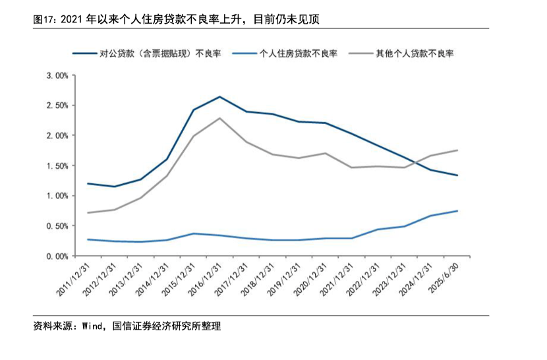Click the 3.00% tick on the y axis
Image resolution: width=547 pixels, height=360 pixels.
pyautogui.click(x=58, y=76)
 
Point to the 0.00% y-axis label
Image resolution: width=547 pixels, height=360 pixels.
pyautogui.click(x=58, y=256)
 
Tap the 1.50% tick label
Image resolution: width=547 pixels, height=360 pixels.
pyautogui.click(x=58, y=166)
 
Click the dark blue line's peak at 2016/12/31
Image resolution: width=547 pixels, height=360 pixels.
pyautogui.click(x=219, y=97)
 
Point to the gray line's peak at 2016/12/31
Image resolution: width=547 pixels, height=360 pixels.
pyautogui.click(x=219, y=118)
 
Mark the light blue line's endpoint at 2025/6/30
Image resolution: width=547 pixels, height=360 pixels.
pyautogui.click(x=457, y=211)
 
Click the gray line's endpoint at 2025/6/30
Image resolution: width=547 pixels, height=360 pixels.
pyautogui.click(x=457, y=150)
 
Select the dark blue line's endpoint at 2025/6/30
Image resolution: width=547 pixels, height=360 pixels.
pyautogui.click(x=457, y=175)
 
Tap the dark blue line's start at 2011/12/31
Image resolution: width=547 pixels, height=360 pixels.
pyautogui.click(x=88, y=183)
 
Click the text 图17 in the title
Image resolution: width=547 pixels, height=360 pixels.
pyautogui.click(x=44, y=19)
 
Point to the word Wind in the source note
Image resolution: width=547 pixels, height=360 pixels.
pyautogui.click(x=93, y=326)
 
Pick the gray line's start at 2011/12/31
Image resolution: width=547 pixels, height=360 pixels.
pyautogui.click(x=88, y=212)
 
